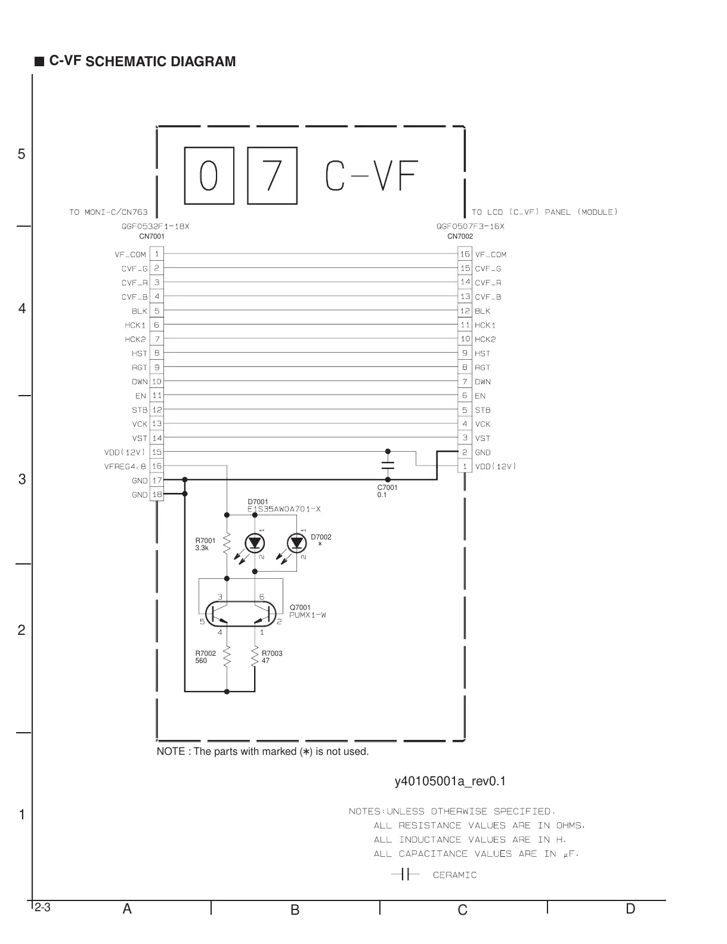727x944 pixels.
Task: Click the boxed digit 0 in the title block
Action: pyautogui.click(x=209, y=175)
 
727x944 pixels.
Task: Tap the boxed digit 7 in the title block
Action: pyautogui.click(x=272, y=175)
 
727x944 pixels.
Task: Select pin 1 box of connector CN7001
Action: pyautogui.click(x=157, y=254)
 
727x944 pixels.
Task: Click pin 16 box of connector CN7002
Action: pyautogui.click(x=465, y=254)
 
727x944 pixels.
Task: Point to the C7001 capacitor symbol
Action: pyautogui.click(x=388, y=465)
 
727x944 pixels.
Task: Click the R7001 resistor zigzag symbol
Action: pyautogui.click(x=227, y=544)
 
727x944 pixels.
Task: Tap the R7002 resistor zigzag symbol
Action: pyautogui.click(x=227, y=657)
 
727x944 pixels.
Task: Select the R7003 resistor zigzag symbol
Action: pyautogui.click(x=255, y=657)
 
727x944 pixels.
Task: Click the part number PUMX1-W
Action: pyautogui.click(x=308, y=615)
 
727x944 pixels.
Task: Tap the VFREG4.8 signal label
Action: pyautogui.click(x=125, y=467)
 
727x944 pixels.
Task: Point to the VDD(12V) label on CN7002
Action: pyautogui.click(x=496, y=467)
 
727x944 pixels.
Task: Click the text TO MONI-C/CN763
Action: pyautogui.click(x=109, y=212)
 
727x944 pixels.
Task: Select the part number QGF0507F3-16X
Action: pyautogui.click(x=470, y=227)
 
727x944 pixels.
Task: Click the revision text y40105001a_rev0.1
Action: pyautogui.click(x=450, y=782)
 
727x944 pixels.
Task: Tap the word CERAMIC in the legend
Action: pyautogui.click(x=454, y=875)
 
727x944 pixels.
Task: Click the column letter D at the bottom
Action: pyautogui.click(x=630, y=909)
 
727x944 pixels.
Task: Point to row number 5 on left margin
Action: pyautogui.click(x=21, y=155)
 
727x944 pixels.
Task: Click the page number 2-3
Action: pyautogui.click(x=42, y=908)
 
